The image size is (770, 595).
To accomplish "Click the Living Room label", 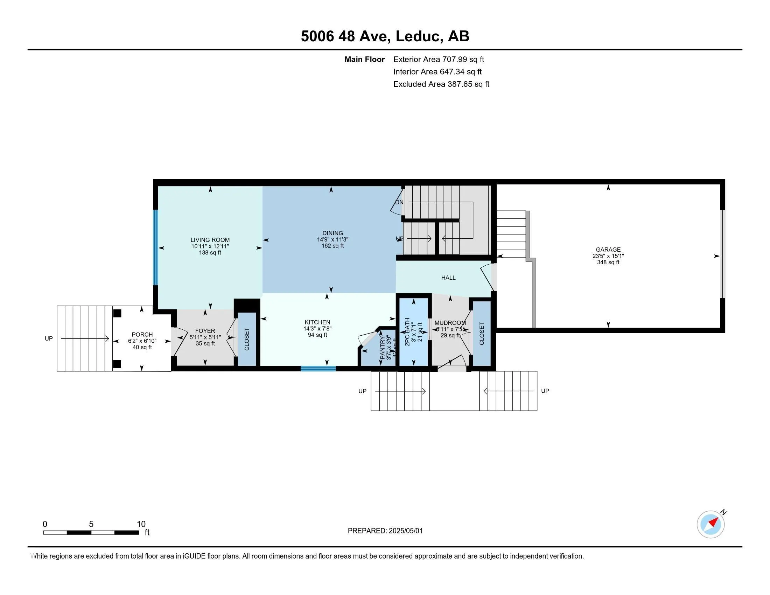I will click(x=210, y=240).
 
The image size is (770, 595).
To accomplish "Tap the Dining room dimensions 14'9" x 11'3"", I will click(x=332, y=239).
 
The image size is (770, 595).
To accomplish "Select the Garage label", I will click(x=608, y=250).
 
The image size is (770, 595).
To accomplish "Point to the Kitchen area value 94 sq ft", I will click(x=317, y=335).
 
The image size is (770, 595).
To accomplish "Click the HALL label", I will click(x=448, y=278).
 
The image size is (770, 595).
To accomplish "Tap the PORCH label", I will click(x=142, y=335).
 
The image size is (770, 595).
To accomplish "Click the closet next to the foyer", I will click(x=247, y=339).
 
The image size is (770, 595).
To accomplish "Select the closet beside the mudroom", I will click(x=482, y=334).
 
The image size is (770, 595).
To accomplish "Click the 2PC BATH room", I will click(x=413, y=331).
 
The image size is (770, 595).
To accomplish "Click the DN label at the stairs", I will click(x=399, y=202).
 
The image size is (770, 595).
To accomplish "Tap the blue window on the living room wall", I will click(x=155, y=247).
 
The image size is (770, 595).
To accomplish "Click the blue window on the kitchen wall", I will click(x=318, y=369).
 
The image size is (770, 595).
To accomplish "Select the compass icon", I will click(x=710, y=524).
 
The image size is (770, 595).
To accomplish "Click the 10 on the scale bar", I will click(x=141, y=524).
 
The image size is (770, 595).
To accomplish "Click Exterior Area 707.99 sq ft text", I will click(x=439, y=59).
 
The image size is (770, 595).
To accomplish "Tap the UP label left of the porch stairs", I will click(x=49, y=338).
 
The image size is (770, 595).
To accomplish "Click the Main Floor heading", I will click(x=364, y=59).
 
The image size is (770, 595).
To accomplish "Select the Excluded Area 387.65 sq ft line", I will click(x=441, y=84).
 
